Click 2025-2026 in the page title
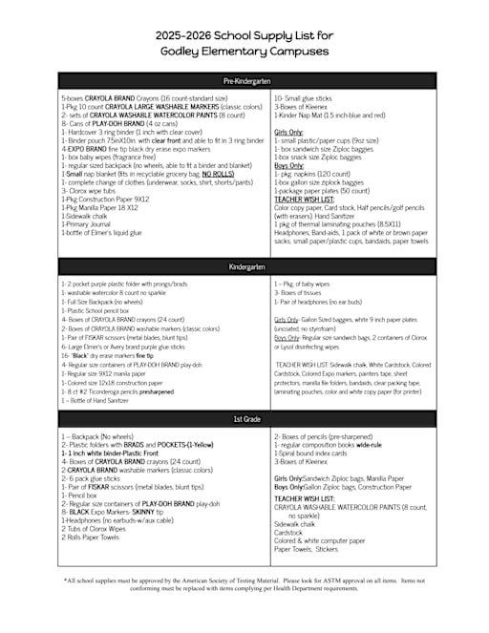point(187,35)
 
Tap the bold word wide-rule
point(369,444)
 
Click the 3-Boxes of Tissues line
point(301,292)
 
